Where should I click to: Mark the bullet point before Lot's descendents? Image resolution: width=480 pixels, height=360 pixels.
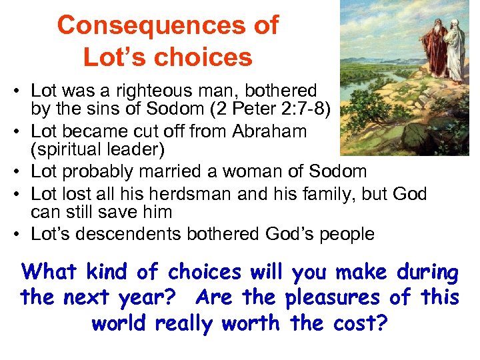(22, 234)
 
